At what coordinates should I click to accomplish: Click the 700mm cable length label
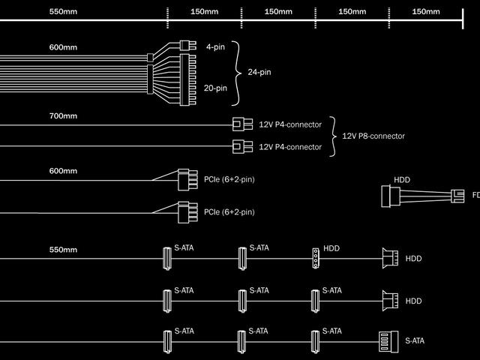(x=63, y=116)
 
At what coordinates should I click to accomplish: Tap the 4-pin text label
(x=215, y=47)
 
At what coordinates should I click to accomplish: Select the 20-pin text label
(x=215, y=88)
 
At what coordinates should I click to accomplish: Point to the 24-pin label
(x=259, y=73)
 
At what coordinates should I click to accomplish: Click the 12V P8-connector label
(x=373, y=136)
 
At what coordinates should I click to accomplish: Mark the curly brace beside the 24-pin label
(x=238, y=73)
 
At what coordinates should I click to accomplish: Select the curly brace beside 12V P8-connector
(x=333, y=136)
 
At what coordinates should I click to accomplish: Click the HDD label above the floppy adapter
(x=402, y=180)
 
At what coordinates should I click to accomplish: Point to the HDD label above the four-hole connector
(x=331, y=248)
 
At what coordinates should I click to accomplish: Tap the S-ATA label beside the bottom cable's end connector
(x=414, y=340)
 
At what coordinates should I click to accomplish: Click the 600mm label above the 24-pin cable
(x=63, y=47)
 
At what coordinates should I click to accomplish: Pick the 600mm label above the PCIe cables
(x=63, y=170)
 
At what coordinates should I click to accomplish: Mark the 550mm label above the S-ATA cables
(x=63, y=249)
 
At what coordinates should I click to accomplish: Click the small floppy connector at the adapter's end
(x=456, y=196)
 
